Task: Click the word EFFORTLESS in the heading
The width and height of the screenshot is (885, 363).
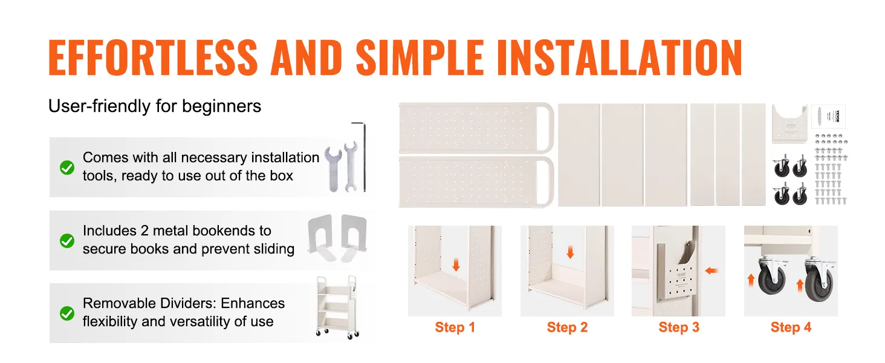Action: pyautogui.click(x=154, y=57)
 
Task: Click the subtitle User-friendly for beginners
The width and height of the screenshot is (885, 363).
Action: pyautogui.click(x=155, y=106)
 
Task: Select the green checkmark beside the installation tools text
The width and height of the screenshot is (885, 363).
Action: pyautogui.click(x=67, y=168)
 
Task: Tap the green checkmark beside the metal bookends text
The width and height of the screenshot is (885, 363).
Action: pyautogui.click(x=67, y=240)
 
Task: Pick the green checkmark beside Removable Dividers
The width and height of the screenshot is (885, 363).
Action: pyautogui.click(x=67, y=313)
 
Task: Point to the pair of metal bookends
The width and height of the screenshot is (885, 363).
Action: pyautogui.click(x=337, y=238)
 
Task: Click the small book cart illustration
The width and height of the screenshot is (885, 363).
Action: pyautogui.click(x=337, y=307)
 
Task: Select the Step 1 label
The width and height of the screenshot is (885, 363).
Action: pyautogui.click(x=455, y=327)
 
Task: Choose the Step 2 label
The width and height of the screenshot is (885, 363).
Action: pyautogui.click(x=567, y=327)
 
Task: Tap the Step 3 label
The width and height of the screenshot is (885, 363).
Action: pyautogui.click(x=679, y=327)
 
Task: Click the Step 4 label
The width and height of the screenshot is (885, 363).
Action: pyautogui.click(x=791, y=327)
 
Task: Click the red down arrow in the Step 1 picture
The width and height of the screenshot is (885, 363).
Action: pyautogui.click(x=456, y=264)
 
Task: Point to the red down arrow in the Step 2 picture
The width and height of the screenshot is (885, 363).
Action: pyautogui.click(x=569, y=252)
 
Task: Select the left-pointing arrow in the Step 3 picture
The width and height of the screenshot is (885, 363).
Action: pyautogui.click(x=711, y=271)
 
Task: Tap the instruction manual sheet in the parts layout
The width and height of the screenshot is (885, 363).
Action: pyautogui.click(x=829, y=116)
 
